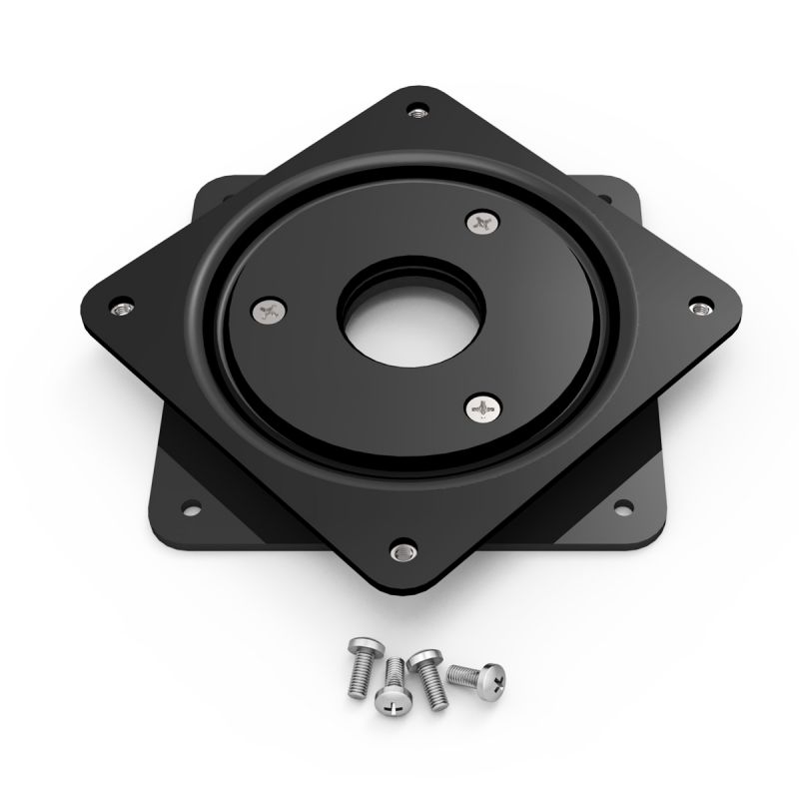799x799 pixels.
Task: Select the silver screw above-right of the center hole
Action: click(481, 223)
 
